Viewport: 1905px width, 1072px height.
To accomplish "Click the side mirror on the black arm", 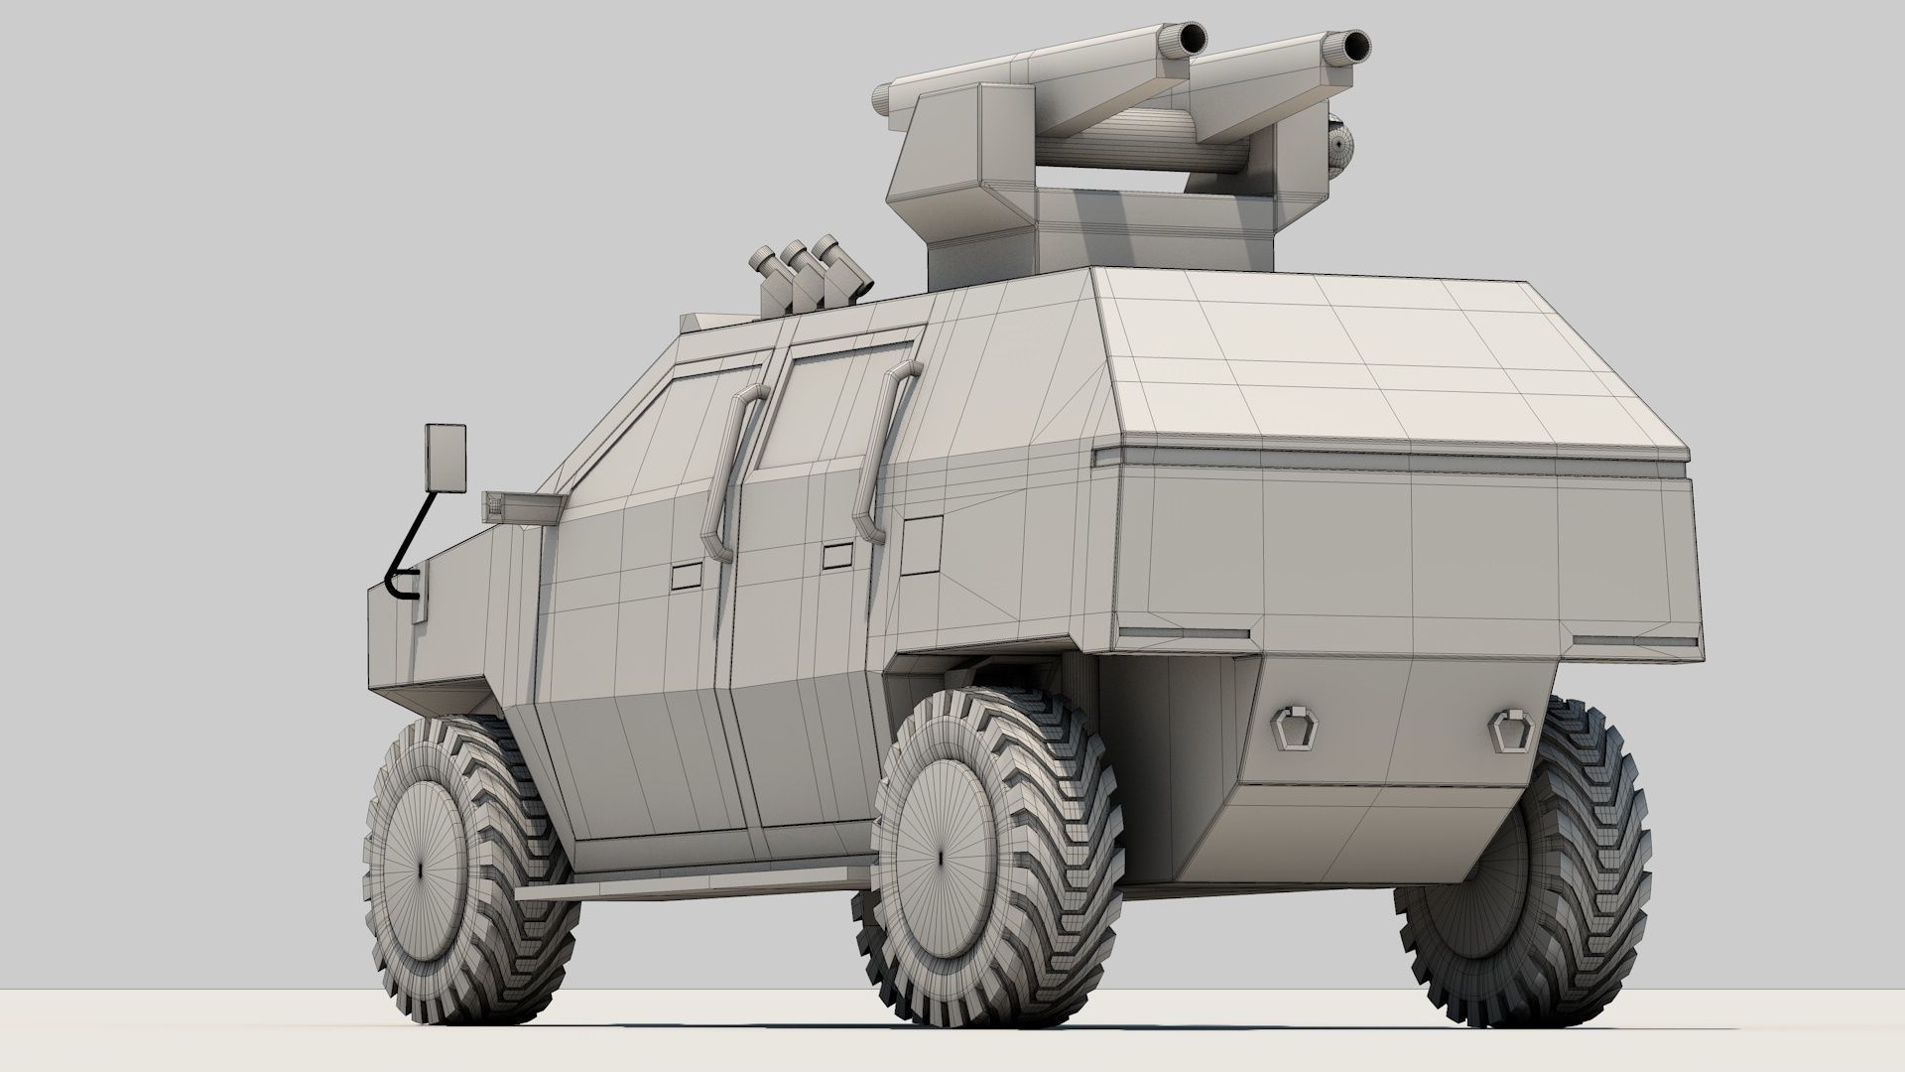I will tap(444, 458).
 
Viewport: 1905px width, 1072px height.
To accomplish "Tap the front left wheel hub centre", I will tap(420, 868).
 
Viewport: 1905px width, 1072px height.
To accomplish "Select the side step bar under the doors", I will tap(685, 886).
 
